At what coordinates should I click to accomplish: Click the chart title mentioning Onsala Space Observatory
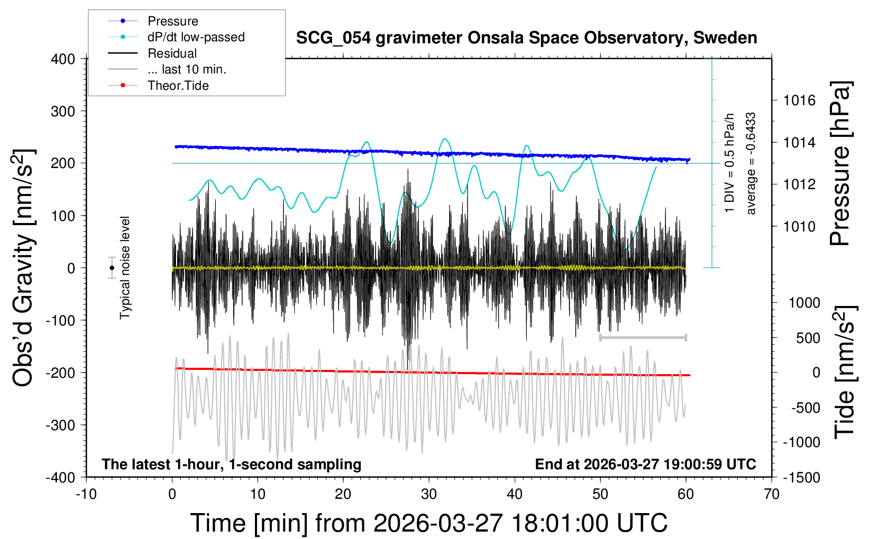tap(526, 38)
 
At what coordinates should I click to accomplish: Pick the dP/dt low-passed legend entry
tap(196, 37)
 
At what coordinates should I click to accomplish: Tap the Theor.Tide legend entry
tap(178, 86)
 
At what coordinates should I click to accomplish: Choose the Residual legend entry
tap(172, 53)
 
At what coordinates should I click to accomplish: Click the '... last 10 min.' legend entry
tap(187, 69)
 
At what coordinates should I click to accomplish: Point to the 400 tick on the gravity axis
tap(63, 59)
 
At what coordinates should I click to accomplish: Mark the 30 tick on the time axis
tap(429, 494)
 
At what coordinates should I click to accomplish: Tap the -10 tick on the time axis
tap(86, 494)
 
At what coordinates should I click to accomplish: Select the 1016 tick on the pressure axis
tap(800, 100)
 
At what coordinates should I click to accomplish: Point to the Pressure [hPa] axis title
tap(840, 164)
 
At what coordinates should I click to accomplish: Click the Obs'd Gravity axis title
tap(24, 268)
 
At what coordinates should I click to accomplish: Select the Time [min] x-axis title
tap(428, 523)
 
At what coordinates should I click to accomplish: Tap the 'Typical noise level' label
tap(125, 268)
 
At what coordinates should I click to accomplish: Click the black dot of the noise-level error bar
tap(112, 268)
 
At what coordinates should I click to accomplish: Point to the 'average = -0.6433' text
tap(751, 164)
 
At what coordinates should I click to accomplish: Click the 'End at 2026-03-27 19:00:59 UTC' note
tap(645, 464)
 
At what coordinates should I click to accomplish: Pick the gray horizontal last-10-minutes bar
tap(643, 337)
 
